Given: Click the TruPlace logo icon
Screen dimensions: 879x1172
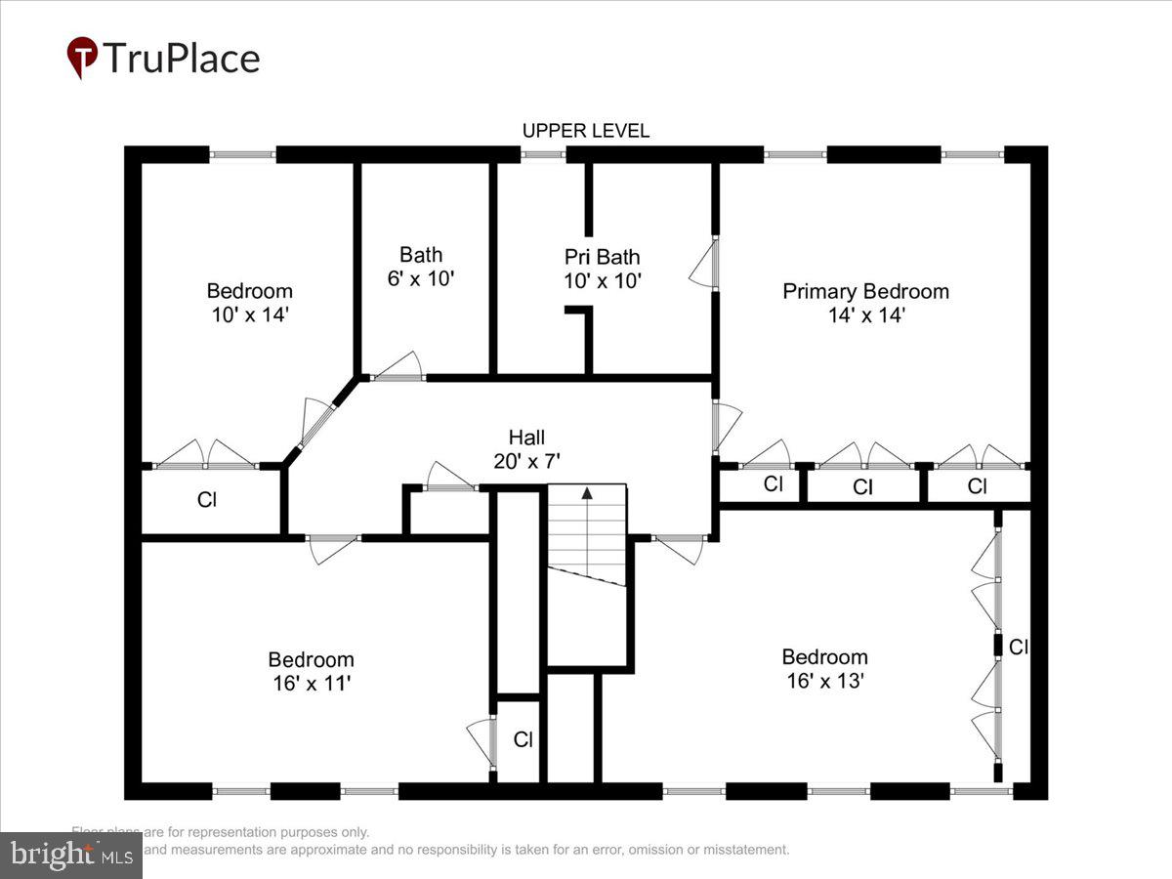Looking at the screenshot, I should coord(82,58).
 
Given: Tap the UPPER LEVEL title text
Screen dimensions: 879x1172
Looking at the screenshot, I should coord(585,131).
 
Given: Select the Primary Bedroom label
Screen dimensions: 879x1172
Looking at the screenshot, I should coord(865,291).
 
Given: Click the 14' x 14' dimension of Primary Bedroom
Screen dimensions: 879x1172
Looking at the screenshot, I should coord(865,315).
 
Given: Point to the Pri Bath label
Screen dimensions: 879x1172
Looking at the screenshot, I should coord(603,257).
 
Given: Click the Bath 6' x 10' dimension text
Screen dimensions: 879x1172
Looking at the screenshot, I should coord(421,278).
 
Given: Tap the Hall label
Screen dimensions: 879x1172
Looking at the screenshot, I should coord(526,438).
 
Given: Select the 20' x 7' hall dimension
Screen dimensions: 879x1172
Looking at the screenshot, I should coord(526,461).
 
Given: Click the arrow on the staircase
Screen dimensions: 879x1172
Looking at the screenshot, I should coord(587,494).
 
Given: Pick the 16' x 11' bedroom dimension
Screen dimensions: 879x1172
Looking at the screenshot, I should coord(311,684).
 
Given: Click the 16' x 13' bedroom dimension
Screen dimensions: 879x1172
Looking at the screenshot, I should coord(824,681).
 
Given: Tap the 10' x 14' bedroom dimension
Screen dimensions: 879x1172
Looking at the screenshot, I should coord(249,315).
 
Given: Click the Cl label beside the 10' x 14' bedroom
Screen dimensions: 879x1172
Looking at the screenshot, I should coord(207,500).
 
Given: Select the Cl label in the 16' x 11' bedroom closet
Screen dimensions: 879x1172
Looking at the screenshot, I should coord(523,739).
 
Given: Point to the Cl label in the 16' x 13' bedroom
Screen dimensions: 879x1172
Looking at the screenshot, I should coord(1019,647).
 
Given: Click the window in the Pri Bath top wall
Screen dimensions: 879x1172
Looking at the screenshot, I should coord(542,154).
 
